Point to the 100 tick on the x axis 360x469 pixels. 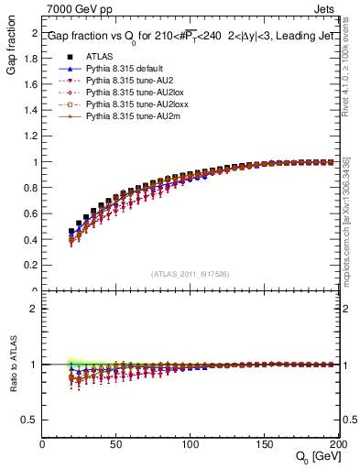[189, 444]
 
